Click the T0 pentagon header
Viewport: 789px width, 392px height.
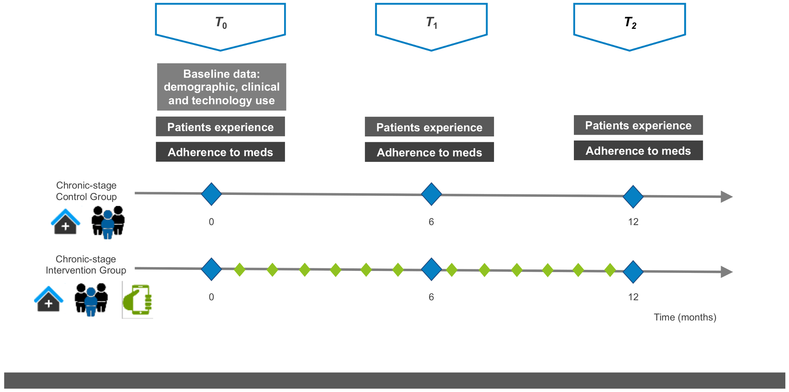[220, 24]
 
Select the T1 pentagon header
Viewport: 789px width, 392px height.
[431, 24]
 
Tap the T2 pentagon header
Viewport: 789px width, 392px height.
[629, 24]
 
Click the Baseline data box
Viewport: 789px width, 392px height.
[221, 87]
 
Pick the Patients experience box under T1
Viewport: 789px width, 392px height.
[429, 127]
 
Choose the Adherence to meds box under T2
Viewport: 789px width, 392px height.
[638, 151]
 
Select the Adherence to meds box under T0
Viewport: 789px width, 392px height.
[220, 152]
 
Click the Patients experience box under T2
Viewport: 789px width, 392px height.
[638, 125]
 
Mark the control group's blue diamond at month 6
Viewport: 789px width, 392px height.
[431, 194]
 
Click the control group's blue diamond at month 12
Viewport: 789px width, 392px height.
[633, 196]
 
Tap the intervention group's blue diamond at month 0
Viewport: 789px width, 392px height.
[211, 269]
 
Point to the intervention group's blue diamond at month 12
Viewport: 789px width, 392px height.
[633, 272]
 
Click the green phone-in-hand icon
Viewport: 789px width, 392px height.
[138, 300]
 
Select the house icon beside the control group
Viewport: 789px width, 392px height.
[65, 221]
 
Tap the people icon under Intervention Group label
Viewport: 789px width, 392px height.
[91, 299]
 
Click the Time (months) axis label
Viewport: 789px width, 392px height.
[685, 317]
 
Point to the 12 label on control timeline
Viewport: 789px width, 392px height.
[633, 222]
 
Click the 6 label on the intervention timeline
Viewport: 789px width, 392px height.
[431, 297]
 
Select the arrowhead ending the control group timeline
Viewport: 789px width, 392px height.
[726, 197]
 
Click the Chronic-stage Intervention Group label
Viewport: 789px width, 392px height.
[86, 265]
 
